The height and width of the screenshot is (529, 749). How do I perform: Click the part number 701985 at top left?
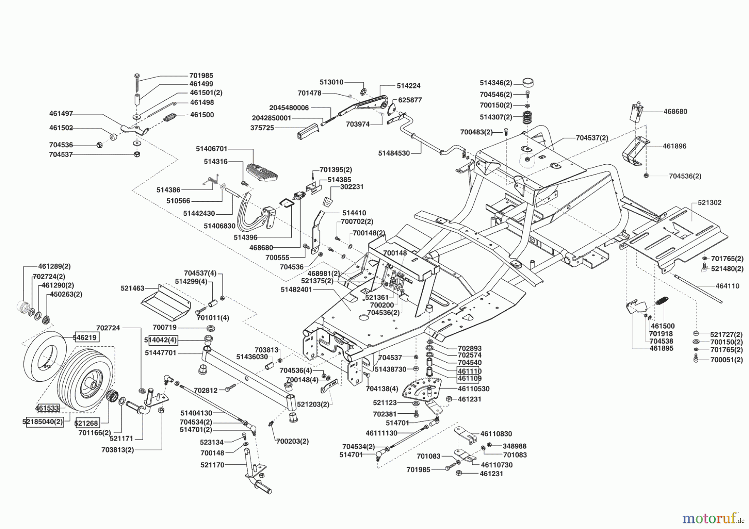(x=201, y=76)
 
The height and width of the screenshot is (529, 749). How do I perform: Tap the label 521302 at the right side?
(x=709, y=203)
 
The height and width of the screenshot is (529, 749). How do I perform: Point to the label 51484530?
(x=394, y=153)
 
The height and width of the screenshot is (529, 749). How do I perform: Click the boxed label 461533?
(x=47, y=408)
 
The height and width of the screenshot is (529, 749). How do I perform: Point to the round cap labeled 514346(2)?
(x=528, y=82)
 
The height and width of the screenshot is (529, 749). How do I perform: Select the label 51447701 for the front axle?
(x=161, y=353)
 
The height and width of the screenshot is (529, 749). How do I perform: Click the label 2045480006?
(x=289, y=108)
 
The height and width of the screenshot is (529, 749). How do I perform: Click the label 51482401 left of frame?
(x=296, y=289)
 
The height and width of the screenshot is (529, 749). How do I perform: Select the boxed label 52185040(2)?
(x=43, y=421)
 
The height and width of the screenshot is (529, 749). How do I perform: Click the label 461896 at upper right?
(x=675, y=146)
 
